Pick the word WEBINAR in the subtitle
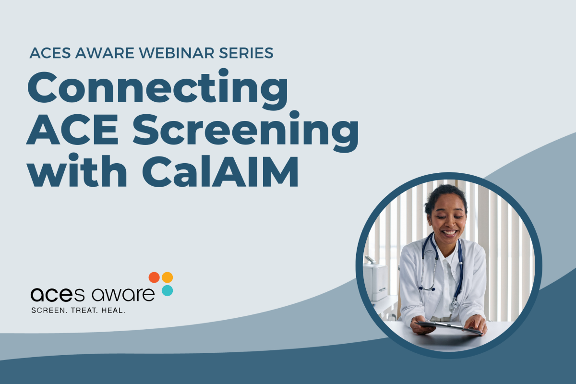171,53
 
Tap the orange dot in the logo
154,277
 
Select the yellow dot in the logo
167,277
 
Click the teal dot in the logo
167,290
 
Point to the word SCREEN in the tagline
48,311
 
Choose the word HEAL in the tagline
114,311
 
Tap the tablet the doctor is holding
448,327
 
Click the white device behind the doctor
375,279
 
